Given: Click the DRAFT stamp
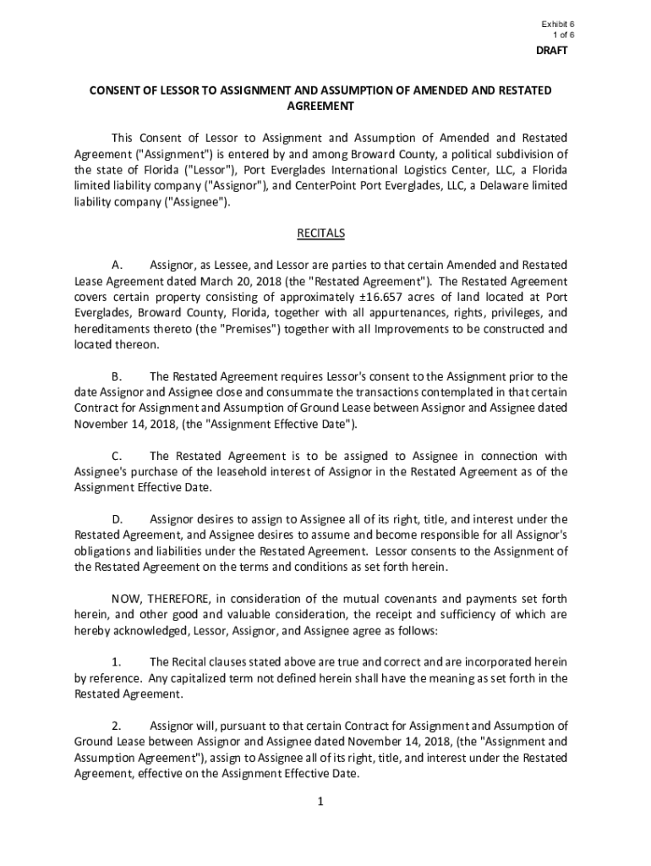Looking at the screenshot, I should (552, 51).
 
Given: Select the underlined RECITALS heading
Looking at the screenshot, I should (320, 233).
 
